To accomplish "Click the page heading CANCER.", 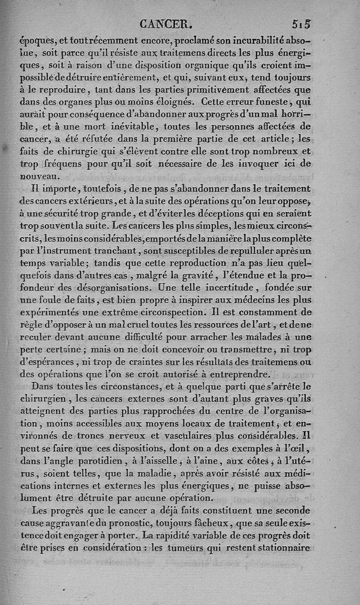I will tap(166, 23).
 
